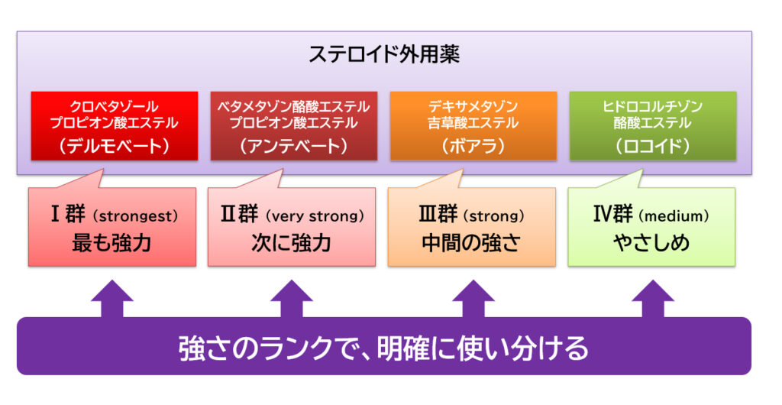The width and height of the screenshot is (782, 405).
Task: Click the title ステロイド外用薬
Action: click(384, 54)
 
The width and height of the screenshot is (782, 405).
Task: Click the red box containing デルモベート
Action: click(115, 125)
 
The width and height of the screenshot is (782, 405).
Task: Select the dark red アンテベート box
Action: click(294, 125)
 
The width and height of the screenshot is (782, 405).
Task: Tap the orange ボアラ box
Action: click(473, 125)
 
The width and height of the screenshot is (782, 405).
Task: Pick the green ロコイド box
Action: click(653, 125)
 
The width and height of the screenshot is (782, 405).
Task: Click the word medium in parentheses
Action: click(676, 216)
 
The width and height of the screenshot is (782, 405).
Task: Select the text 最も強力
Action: click(111, 243)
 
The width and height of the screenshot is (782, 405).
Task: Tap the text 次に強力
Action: click(291, 243)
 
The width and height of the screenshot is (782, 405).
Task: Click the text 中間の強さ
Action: click(471, 243)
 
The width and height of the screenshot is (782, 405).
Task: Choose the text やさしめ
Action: click(651, 243)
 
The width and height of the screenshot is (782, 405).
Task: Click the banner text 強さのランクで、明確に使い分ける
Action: click(383, 348)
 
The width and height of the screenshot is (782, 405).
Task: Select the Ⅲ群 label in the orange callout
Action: click(438, 215)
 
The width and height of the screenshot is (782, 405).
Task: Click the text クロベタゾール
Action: click(115, 106)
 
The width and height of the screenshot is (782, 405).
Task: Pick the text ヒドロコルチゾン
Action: click(653, 106)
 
